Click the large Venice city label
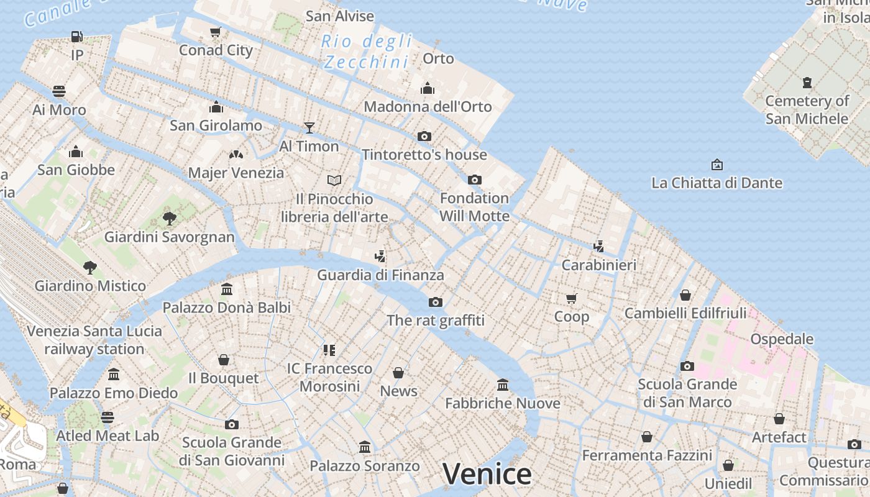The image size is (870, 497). tap(487, 474)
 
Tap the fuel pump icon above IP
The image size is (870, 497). tap(77, 37)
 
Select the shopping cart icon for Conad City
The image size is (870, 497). tap(216, 32)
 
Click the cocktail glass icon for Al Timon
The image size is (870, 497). tap(309, 128)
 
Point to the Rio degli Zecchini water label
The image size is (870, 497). tap(367, 52)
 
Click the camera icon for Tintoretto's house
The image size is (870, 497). tap(424, 136)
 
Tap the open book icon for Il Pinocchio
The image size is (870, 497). tap(334, 180)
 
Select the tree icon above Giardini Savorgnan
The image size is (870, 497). tap(169, 218)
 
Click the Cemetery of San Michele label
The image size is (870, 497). tap(807, 109)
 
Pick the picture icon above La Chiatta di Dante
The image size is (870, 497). tap(717, 165)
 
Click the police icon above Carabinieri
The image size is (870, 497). tap(598, 246)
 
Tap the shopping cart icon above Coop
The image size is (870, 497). tap(571, 298)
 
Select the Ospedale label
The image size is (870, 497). tap(782, 339)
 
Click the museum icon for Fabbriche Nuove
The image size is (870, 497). tap(503, 385)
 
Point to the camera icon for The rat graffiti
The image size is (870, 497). tap(436, 302)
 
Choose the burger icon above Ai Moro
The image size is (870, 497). tap(59, 92)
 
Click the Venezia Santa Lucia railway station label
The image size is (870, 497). tap(94, 340)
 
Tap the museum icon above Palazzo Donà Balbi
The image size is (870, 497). tap(227, 290)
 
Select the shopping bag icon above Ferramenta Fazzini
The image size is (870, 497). tap(647, 437)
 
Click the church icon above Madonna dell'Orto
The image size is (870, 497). tap(428, 88)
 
